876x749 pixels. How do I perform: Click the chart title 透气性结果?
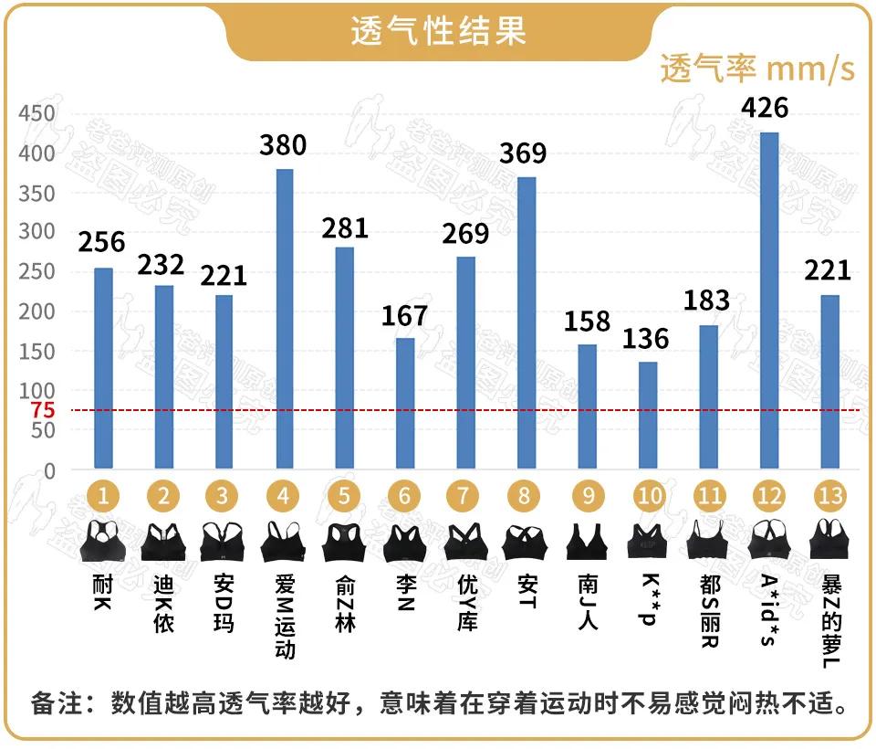[438, 30]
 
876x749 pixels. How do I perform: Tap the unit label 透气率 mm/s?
[756, 69]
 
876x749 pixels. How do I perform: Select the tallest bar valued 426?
[769, 301]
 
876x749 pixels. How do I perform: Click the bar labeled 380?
[284, 319]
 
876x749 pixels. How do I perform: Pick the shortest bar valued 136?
[647, 416]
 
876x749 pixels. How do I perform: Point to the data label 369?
[523, 153]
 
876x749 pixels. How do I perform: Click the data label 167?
[404, 315]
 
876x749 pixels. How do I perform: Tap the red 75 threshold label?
[42, 410]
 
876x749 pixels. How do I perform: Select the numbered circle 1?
[103, 496]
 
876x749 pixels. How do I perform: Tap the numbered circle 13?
[829, 496]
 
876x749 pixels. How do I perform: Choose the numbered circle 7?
[464, 496]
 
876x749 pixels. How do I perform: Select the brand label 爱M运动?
[284, 616]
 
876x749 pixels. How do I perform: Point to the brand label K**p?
[649, 599]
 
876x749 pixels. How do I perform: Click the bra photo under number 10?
[647, 542]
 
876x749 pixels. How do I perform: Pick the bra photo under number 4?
[284, 542]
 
